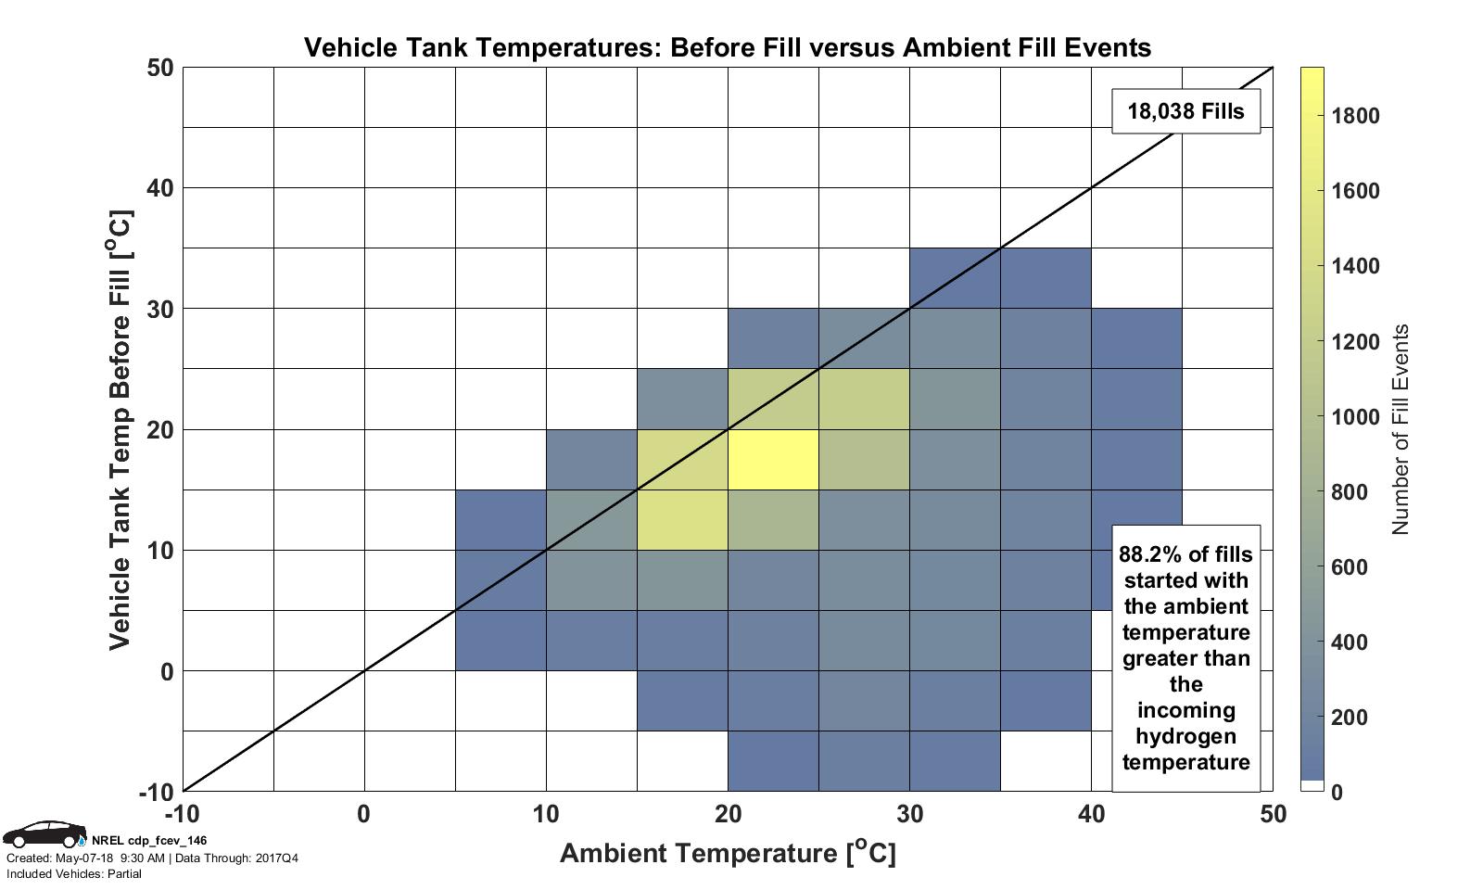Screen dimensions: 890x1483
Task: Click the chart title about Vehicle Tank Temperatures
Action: [x=728, y=47]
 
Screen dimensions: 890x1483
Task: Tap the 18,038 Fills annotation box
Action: [x=1185, y=111]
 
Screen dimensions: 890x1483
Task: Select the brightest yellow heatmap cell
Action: [x=773, y=459]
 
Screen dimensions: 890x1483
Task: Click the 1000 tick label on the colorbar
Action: [x=1355, y=416]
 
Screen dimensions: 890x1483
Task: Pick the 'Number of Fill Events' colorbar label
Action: [x=1400, y=429]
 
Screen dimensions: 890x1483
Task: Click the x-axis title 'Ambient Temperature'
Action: [x=728, y=852]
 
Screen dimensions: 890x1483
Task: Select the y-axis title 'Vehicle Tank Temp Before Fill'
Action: [x=120, y=429]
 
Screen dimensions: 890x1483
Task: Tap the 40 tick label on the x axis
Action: [x=1091, y=814]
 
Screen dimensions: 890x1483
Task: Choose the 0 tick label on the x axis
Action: [x=364, y=814]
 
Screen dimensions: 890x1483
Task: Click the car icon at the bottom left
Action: [x=44, y=833]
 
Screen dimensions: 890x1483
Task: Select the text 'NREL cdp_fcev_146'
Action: [x=149, y=840]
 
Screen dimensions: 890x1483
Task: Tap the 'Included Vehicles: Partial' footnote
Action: [x=74, y=873]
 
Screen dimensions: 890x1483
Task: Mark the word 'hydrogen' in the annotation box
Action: [x=1185, y=736]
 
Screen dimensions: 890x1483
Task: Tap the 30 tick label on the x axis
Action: [x=909, y=814]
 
